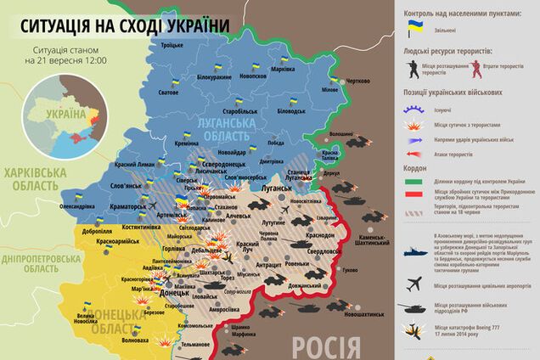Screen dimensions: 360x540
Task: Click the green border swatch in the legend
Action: point(415,182)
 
